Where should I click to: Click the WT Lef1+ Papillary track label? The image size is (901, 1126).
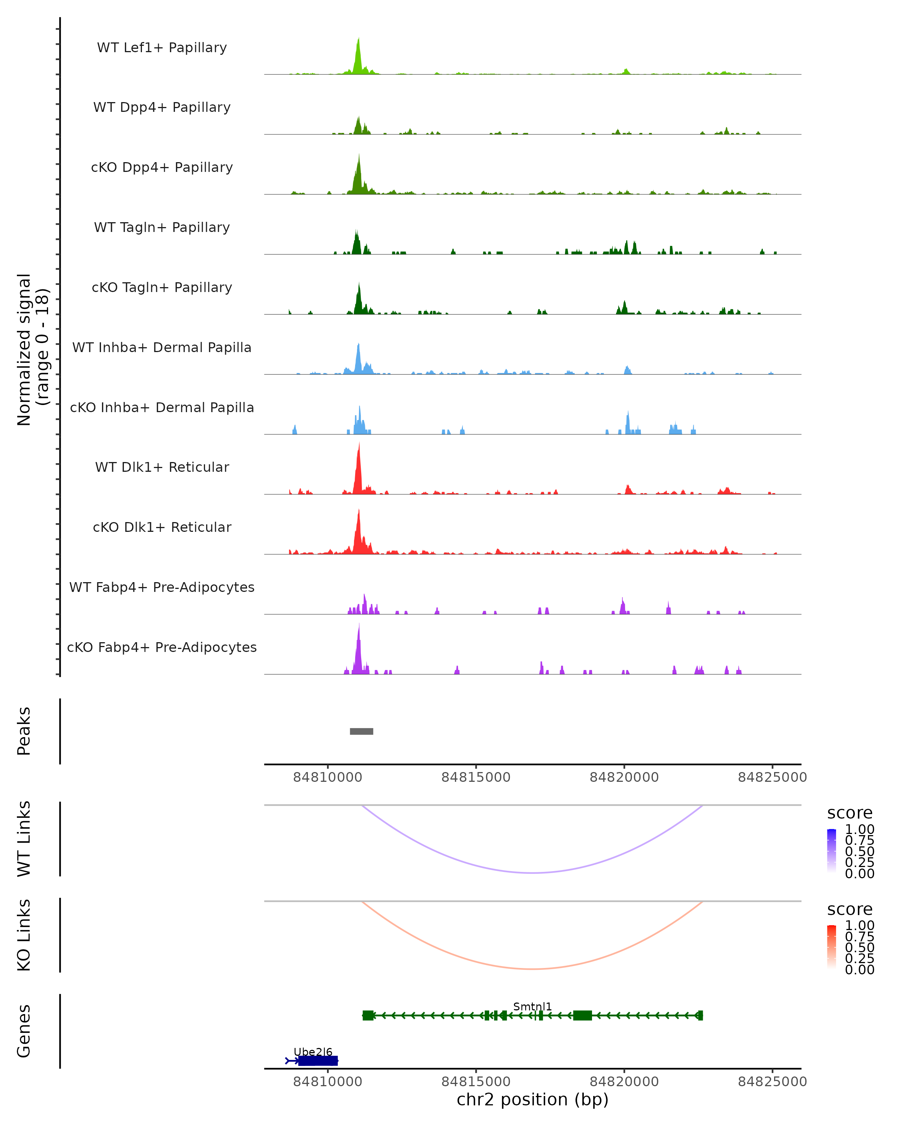162,48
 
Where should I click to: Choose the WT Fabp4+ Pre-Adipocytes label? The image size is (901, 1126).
162,587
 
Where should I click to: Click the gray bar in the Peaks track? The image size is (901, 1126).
362,731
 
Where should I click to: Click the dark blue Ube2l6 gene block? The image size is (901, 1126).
318,1061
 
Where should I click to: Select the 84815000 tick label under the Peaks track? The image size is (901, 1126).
476,777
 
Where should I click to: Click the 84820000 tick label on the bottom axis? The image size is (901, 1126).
624,1082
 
